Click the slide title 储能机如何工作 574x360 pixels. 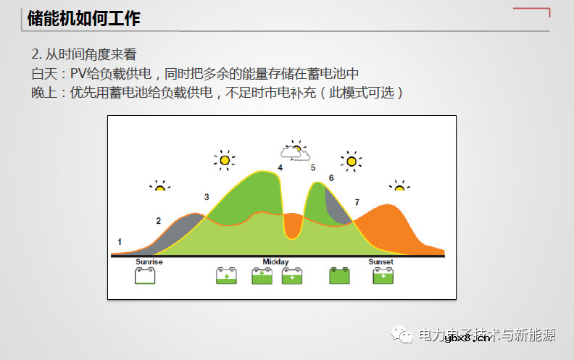[x=83, y=20]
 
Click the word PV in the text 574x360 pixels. [x=78, y=74]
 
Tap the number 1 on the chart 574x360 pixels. [x=120, y=241]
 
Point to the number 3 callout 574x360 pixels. [x=207, y=197]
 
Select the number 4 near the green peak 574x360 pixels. [x=280, y=168]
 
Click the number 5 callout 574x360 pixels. [x=313, y=168]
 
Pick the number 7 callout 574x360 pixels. [x=356, y=202]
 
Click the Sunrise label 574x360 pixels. [x=149, y=261]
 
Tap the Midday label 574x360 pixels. [x=275, y=261]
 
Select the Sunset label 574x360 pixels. [x=380, y=261]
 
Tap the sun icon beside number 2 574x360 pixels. [x=160, y=186]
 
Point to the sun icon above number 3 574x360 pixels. [x=225, y=159]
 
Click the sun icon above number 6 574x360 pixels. [x=352, y=161]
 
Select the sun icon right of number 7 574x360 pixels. [x=399, y=186]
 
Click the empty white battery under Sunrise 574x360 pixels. [x=146, y=275]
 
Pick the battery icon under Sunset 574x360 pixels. [x=383, y=275]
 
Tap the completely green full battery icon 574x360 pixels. [x=339, y=275]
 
